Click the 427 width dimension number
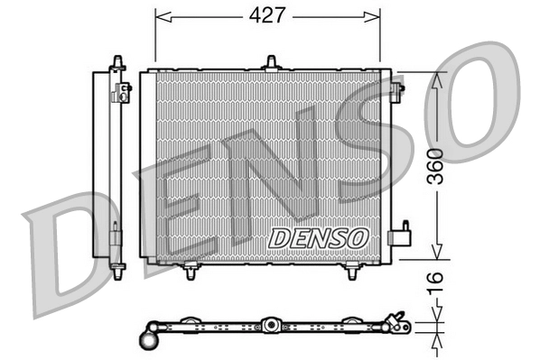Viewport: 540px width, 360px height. click(267, 15)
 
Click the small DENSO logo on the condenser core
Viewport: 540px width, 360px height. click(319, 236)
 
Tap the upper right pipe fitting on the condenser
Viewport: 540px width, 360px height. click(397, 89)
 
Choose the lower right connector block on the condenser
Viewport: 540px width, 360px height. click(397, 236)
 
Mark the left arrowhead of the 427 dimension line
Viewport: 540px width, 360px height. click(160, 15)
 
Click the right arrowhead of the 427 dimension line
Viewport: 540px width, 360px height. click(376, 15)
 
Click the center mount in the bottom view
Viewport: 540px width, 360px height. click(268, 324)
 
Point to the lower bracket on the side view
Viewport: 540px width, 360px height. click(116, 239)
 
